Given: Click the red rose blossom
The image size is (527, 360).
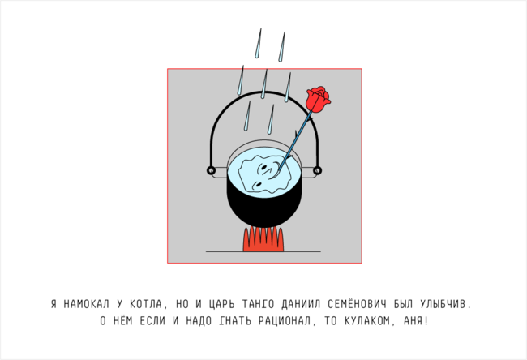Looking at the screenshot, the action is (x=318, y=98).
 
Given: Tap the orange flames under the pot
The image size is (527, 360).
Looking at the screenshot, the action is (x=263, y=240).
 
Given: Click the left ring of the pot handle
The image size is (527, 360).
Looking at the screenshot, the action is (x=211, y=170).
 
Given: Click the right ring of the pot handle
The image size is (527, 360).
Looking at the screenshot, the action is (x=317, y=170).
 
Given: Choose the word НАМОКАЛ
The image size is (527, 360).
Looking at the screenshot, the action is (x=87, y=304).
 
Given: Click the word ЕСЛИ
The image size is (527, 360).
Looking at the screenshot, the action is (x=152, y=321).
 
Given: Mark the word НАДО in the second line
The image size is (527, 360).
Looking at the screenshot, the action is (x=199, y=321).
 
